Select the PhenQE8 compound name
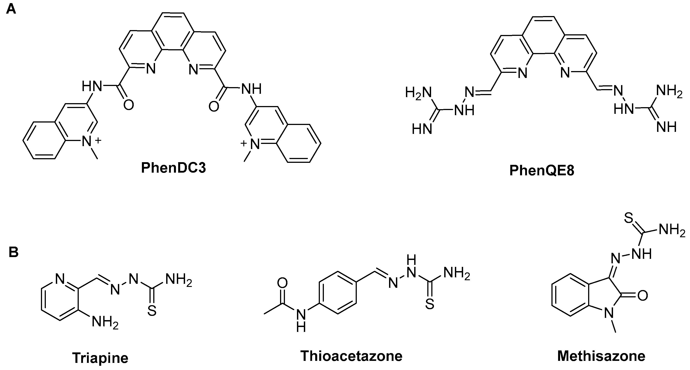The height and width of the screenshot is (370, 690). [542, 170]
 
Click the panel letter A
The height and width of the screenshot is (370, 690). [11, 10]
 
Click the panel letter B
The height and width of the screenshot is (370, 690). [13, 252]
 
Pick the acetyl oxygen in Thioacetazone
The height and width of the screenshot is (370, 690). [282, 282]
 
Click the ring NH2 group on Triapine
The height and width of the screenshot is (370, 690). [105, 321]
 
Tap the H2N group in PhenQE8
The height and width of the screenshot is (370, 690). [418, 93]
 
